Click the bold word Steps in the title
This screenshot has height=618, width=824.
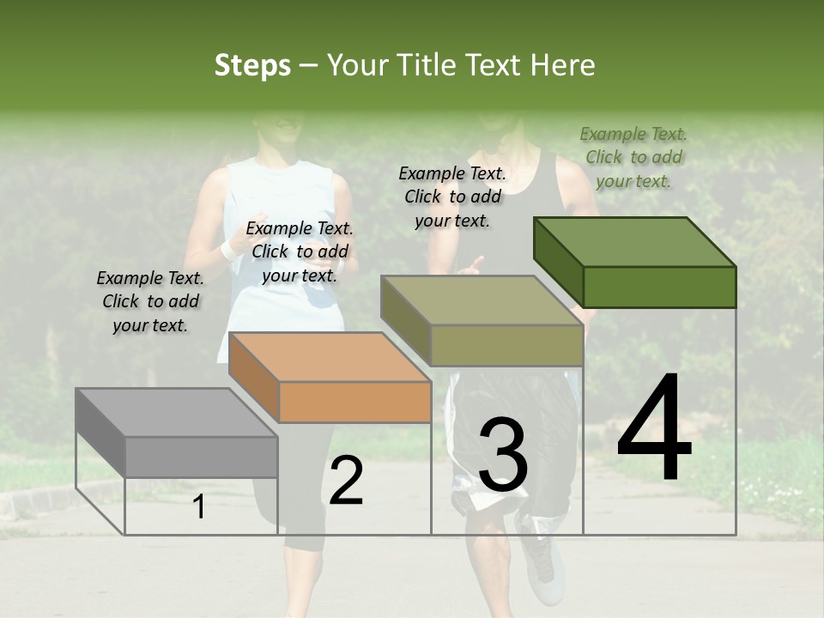(252, 65)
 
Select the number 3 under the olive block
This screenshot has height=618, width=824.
(503, 456)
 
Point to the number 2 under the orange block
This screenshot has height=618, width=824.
(346, 482)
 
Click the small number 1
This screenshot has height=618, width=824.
(198, 507)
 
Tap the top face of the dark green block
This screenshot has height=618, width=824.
(634, 242)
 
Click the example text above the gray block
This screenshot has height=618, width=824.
(150, 301)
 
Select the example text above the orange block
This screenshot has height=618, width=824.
(300, 251)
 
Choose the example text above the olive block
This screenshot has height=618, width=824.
(452, 197)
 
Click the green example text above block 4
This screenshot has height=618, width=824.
(633, 157)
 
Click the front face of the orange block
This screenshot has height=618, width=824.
(355, 402)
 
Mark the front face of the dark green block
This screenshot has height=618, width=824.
(659, 287)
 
